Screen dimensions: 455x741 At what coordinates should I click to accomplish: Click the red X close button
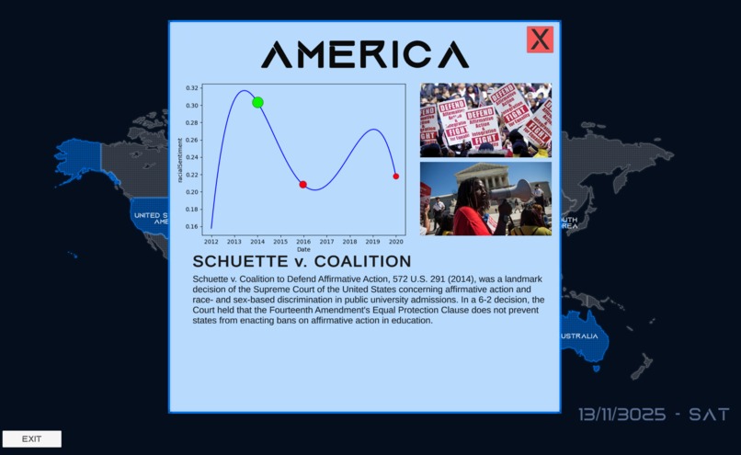tap(540, 40)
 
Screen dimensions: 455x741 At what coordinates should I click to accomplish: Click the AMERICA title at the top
tap(365, 54)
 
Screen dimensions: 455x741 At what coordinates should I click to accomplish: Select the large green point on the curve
tap(257, 102)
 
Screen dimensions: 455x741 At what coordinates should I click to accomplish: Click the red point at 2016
tap(302, 185)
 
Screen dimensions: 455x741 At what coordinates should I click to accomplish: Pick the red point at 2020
tap(396, 176)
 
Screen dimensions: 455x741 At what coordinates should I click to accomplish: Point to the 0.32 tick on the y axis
tap(191, 88)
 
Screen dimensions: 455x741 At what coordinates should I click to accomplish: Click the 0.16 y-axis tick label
tap(191, 226)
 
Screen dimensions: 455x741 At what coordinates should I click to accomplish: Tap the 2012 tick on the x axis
tap(211, 241)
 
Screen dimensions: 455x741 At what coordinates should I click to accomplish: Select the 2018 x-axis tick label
tap(349, 241)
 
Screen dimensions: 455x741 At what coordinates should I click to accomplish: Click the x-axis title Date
tap(303, 249)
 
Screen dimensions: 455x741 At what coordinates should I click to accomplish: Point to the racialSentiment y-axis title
tap(180, 160)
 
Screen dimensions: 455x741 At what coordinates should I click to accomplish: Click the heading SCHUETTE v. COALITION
tap(302, 262)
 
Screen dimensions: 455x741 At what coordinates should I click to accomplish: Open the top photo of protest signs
tap(485, 119)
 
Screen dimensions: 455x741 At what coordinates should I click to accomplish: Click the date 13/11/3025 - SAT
tap(654, 415)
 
